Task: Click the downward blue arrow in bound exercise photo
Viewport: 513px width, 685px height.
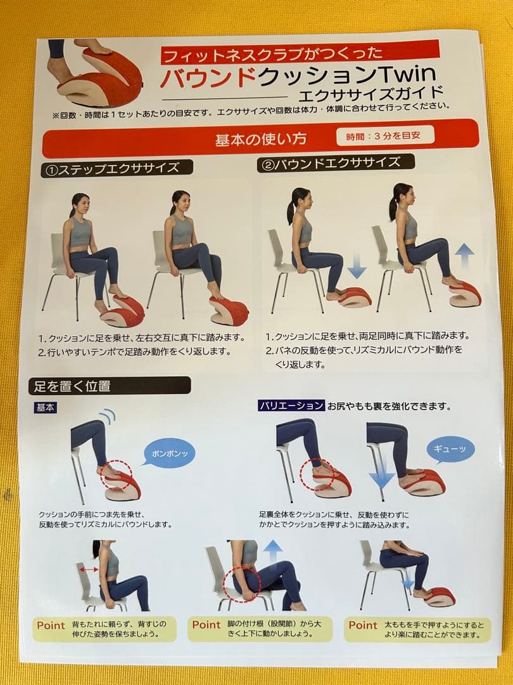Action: [357, 265]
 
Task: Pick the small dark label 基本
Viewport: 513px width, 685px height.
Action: [45, 407]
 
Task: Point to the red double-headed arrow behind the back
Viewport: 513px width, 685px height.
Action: [88, 570]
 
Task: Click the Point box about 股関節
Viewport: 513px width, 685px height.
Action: [262, 629]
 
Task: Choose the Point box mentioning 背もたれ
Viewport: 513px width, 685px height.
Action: [104, 629]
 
